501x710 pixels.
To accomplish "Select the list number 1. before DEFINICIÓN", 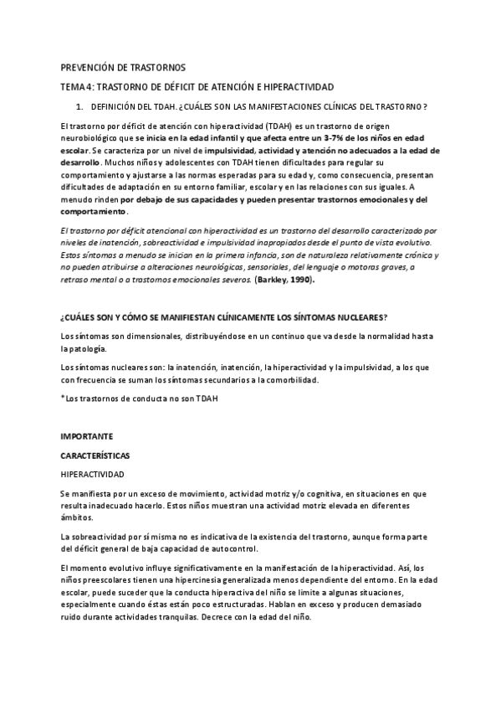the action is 79,106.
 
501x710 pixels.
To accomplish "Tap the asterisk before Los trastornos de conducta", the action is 62,399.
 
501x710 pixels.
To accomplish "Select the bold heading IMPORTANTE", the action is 88,437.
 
